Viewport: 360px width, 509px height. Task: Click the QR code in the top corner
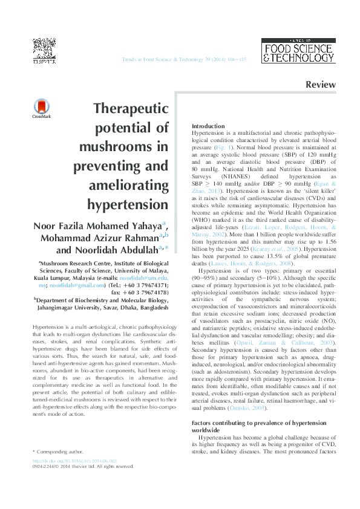click(41, 48)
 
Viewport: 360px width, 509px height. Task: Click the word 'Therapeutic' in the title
click(131, 109)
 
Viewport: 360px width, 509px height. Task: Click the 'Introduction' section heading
click(208, 126)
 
